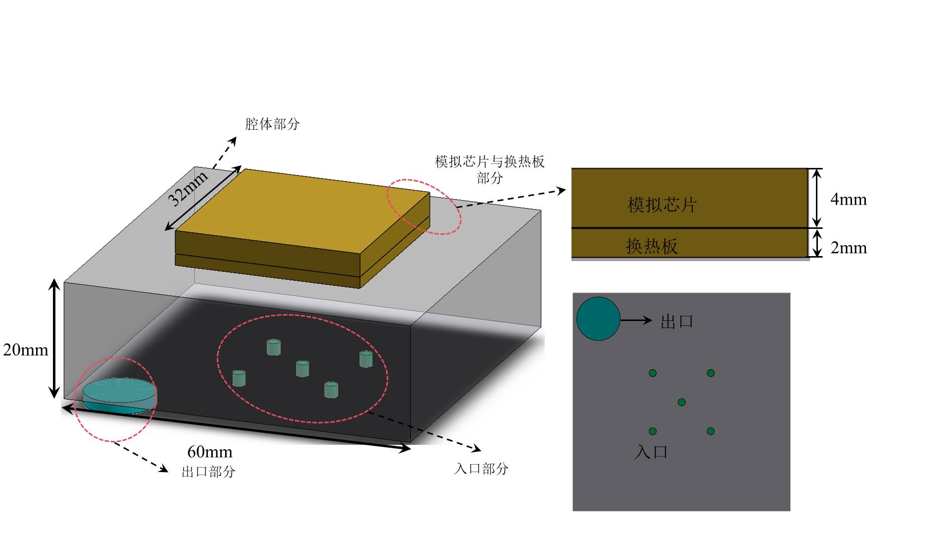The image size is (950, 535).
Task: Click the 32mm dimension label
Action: [x=188, y=189]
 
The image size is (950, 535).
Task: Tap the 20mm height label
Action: [x=26, y=350]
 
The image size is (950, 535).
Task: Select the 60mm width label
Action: [x=210, y=452]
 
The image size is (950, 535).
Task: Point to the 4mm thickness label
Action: [x=848, y=199]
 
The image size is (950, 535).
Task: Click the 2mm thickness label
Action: [x=848, y=247]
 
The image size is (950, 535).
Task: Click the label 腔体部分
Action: [x=273, y=124]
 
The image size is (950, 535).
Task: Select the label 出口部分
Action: [x=208, y=472]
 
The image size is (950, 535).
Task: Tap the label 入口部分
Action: [x=481, y=469]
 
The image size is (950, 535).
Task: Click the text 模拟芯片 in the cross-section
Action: [x=662, y=205]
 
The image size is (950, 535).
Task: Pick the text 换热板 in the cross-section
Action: [x=652, y=246]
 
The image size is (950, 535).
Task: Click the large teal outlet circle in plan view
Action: [x=598, y=319]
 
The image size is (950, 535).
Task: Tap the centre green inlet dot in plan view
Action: [x=681, y=402]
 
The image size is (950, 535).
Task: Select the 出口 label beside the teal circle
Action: [x=677, y=321]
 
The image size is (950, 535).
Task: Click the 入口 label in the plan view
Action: [x=651, y=452]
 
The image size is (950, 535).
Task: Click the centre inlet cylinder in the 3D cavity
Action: [x=302, y=369]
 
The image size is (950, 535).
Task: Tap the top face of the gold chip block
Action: [x=302, y=211]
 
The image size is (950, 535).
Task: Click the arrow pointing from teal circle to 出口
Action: [x=636, y=320]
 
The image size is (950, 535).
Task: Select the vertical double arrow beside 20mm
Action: [x=54, y=339]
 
